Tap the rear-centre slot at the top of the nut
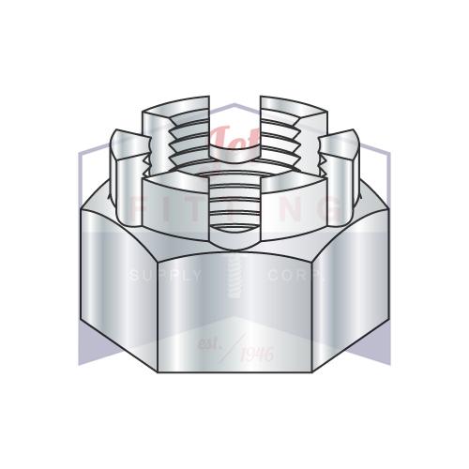pyautogui.click(x=234, y=108)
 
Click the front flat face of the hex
pyautogui.click(x=234, y=310)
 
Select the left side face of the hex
pyautogui.click(x=113, y=281)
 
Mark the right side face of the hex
pyautogui.click(x=356, y=281)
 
